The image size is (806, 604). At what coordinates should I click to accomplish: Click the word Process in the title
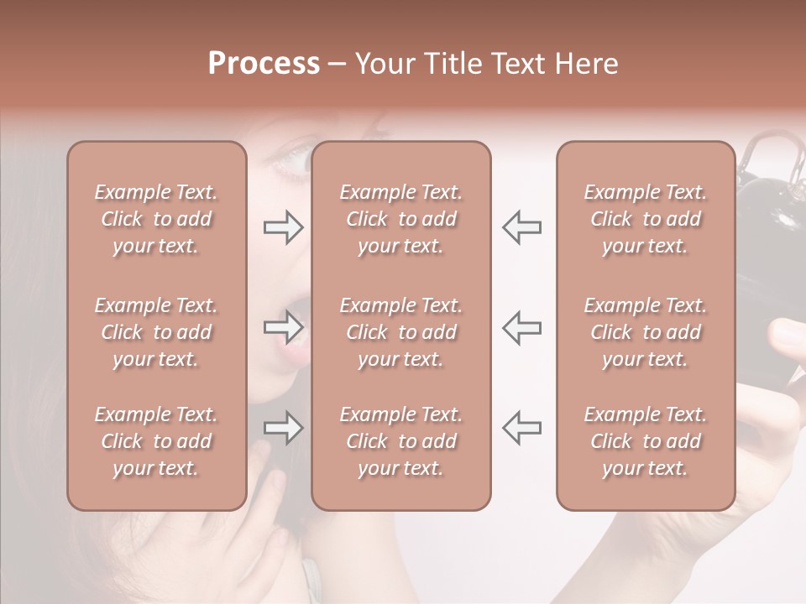click(x=264, y=64)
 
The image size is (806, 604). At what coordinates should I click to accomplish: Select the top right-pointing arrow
click(x=283, y=227)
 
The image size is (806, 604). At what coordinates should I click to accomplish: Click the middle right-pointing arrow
click(x=283, y=326)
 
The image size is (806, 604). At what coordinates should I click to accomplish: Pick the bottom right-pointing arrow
click(x=283, y=428)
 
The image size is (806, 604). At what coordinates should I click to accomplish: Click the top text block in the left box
click(x=156, y=219)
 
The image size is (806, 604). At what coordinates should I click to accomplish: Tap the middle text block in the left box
click(x=156, y=332)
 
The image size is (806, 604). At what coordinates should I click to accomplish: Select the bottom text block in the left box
click(x=156, y=441)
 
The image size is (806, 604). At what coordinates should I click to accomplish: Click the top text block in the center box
click(x=400, y=219)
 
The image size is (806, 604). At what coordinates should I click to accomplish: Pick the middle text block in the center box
click(x=400, y=332)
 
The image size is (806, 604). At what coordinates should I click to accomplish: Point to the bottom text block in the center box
click(x=400, y=441)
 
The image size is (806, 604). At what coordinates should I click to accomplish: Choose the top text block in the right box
click(x=645, y=219)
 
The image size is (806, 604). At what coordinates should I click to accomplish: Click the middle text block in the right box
click(x=645, y=332)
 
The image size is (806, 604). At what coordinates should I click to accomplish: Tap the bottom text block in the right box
click(x=645, y=441)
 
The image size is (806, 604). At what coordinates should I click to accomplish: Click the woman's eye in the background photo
click(x=290, y=157)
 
